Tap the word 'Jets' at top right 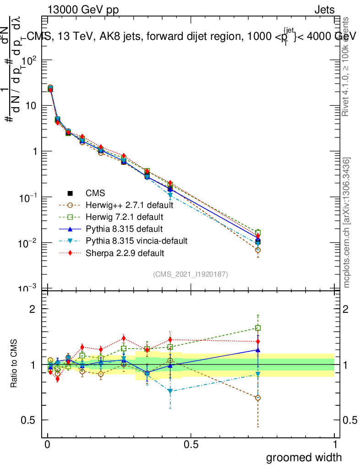click(x=324, y=10)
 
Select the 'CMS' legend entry click(x=96, y=194)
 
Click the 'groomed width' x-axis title click(x=304, y=457)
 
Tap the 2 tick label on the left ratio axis click(x=33, y=309)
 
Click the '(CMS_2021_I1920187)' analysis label click(x=191, y=274)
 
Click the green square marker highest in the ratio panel click(x=258, y=328)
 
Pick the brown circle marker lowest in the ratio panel click(x=258, y=398)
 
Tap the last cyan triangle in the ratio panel click(x=258, y=375)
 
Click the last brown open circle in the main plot click(x=258, y=250)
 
